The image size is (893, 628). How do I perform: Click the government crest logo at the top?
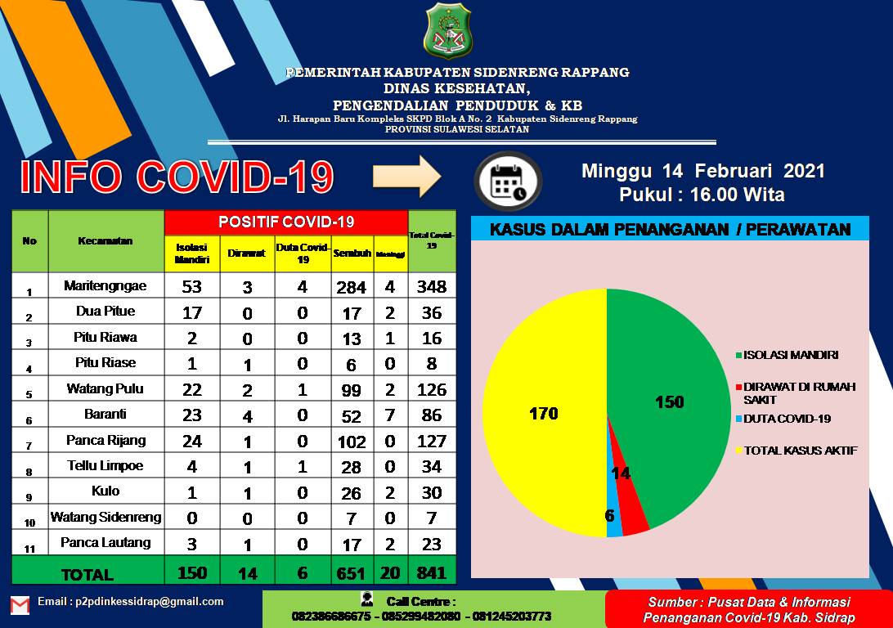(x=447, y=32)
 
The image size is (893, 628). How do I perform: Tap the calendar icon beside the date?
(x=508, y=181)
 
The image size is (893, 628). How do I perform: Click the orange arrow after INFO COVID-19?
(x=406, y=177)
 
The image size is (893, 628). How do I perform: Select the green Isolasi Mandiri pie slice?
(x=666, y=392)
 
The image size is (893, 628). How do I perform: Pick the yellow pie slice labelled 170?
(x=544, y=413)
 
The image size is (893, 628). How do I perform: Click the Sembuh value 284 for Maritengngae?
(x=352, y=286)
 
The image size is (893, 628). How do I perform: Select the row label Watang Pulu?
(x=106, y=388)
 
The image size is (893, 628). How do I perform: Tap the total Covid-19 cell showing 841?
(x=431, y=572)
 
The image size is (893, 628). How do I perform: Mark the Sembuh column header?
(x=352, y=253)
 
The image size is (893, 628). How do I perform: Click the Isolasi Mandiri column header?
(x=192, y=253)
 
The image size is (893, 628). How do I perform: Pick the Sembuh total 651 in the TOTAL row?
(x=352, y=572)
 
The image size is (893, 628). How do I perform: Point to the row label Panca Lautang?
(x=106, y=542)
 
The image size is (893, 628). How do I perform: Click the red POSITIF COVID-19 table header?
(x=286, y=222)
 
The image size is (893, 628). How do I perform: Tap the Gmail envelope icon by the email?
(x=20, y=605)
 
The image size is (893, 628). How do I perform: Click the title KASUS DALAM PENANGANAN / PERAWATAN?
(x=670, y=230)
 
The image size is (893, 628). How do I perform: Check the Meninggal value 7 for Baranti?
(x=391, y=415)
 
